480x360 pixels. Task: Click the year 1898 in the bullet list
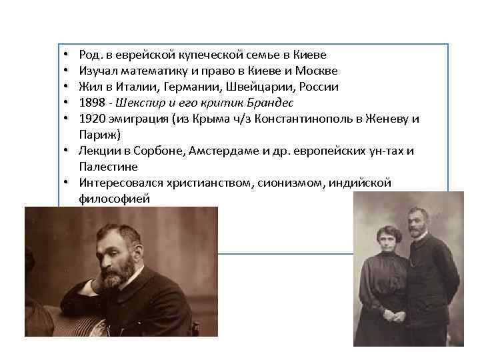(91, 103)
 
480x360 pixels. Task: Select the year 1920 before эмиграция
(91, 119)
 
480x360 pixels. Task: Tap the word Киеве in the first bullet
(311, 54)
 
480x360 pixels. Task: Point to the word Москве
(317, 70)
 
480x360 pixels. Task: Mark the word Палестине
(109, 167)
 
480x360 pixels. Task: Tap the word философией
(114, 199)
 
